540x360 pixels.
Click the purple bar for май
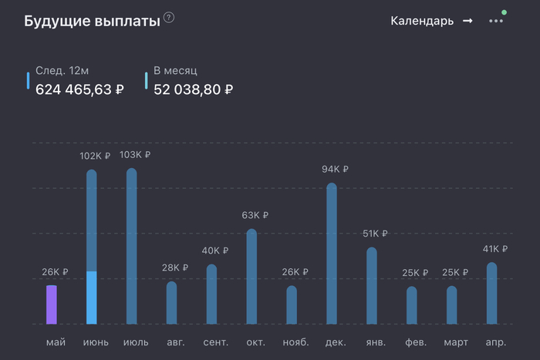click(52, 304)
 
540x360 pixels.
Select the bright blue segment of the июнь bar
click(92, 298)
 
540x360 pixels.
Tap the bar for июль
click(132, 247)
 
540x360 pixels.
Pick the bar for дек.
click(332, 254)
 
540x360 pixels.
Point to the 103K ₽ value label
click(135, 155)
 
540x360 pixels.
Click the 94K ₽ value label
click(335, 170)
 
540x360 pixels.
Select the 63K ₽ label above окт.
click(255, 215)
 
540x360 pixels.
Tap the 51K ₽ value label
click(375, 234)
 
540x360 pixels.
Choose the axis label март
click(455, 341)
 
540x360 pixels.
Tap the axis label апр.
click(495, 341)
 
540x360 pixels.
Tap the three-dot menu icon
click(495, 21)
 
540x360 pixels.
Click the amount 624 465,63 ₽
click(79, 89)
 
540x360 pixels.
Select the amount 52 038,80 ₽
click(193, 89)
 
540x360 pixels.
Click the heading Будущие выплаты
click(92, 21)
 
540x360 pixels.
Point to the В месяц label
click(176, 71)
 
